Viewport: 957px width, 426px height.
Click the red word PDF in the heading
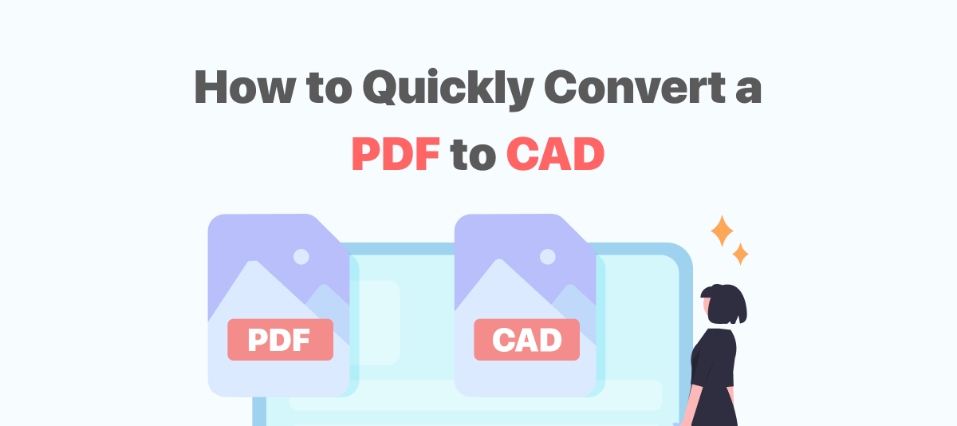396,154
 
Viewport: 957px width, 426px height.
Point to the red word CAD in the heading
555,154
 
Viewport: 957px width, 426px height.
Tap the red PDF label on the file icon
280,340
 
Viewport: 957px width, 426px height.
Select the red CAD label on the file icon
526,340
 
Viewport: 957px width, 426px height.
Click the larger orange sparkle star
723,231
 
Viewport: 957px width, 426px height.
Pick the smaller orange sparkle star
741,254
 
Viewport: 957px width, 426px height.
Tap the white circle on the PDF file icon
301,257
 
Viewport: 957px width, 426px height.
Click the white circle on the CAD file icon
547,257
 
